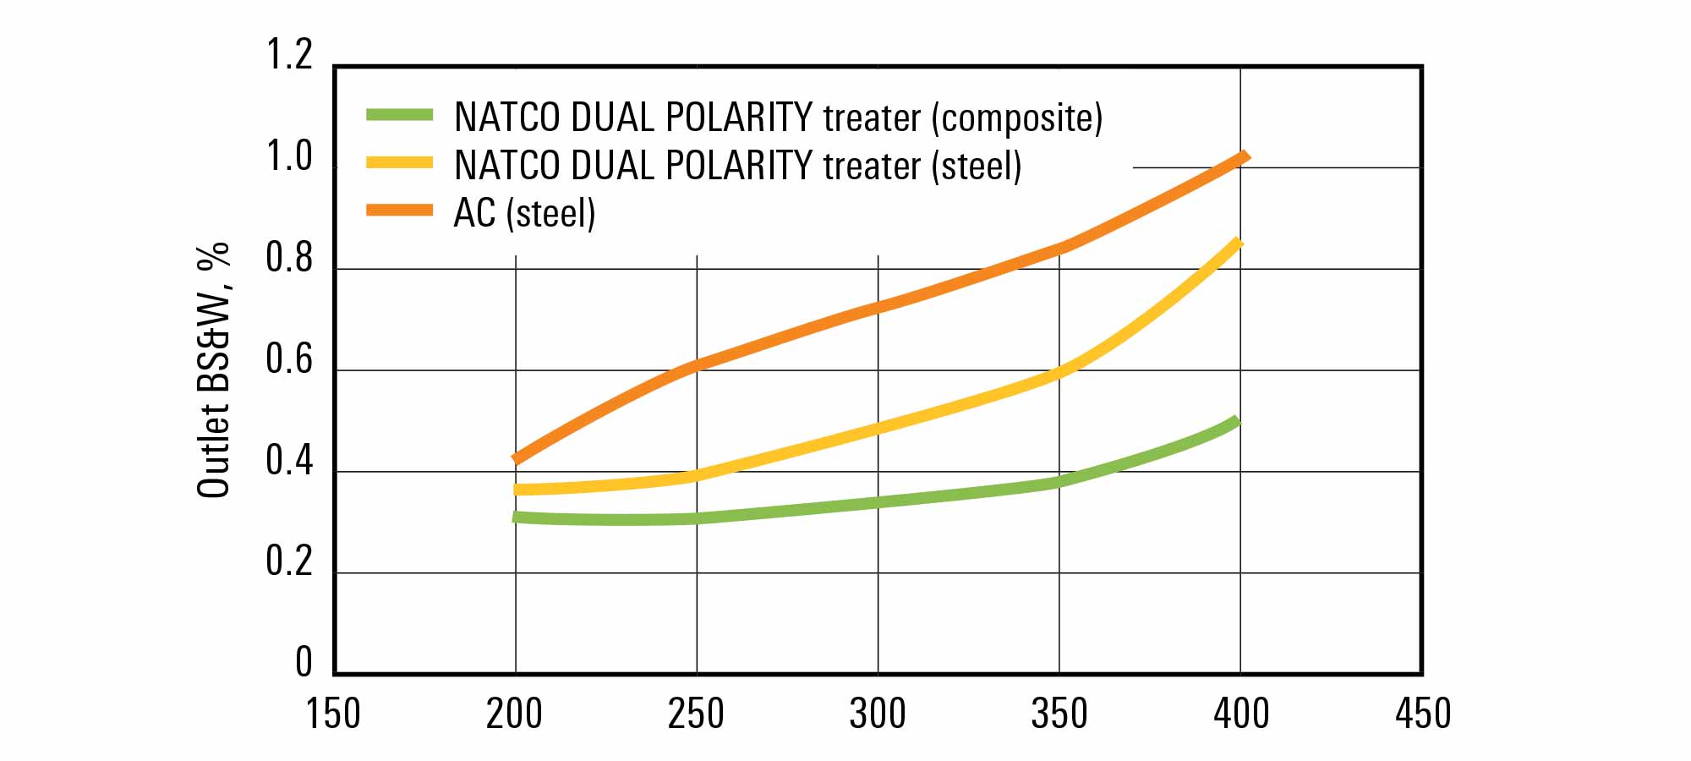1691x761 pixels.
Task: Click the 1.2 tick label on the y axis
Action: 289,55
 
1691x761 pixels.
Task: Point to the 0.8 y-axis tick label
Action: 289,259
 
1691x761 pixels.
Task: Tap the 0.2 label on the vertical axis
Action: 289,561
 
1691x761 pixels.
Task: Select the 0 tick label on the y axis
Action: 304,662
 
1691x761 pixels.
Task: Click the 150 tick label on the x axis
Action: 333,714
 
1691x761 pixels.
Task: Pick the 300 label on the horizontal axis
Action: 878,714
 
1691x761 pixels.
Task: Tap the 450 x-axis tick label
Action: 1423,714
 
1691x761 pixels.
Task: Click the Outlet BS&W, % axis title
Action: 213,370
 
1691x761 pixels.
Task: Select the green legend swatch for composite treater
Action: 399,115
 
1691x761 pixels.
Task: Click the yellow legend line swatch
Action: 399,162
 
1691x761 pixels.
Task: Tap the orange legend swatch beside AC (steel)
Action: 399,210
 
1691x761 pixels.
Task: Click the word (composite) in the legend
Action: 1017,118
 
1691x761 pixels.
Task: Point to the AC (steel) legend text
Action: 524,213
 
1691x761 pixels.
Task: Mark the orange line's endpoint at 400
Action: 1242,157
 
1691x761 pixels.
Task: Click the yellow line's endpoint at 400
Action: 1237,244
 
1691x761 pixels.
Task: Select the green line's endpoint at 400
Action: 1235,422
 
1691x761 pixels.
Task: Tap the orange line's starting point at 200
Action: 517,458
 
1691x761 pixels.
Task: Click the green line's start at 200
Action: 517,517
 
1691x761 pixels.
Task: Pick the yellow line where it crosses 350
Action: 1059,371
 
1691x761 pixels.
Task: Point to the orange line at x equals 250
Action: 697,366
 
